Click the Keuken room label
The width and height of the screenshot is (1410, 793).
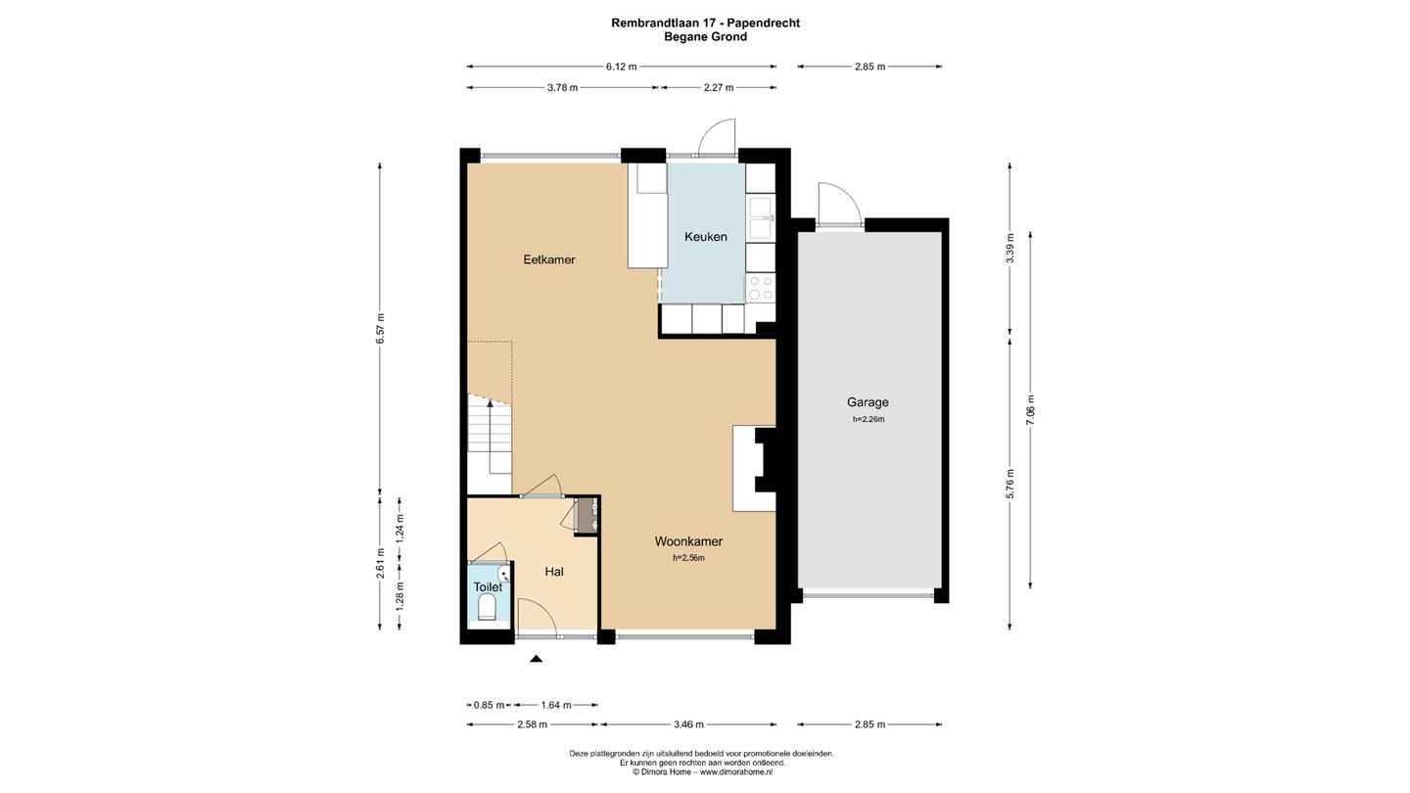(x=706, y=237)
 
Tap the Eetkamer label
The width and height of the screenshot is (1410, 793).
(x=549, y=259)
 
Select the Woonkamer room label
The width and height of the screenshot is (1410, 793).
(x=688, y=541)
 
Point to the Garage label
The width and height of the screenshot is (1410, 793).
(x=868, y=402)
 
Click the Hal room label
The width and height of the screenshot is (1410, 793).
(x=554, y=572)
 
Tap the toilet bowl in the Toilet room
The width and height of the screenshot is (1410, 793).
(x=487, y=608)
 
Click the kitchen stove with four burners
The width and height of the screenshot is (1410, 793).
(x=760, y=289)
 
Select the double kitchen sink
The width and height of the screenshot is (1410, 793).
(x=761, y=218)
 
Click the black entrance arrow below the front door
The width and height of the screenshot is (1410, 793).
(x=537, y=658)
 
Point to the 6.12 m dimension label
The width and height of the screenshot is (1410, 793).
(x=621, y=67)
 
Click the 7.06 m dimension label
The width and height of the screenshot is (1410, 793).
(x=1030, y=410)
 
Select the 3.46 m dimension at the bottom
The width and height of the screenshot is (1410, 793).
(x=688, y=724)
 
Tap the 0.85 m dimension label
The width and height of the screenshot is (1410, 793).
(x=490, y=705)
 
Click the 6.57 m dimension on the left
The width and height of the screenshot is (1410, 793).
(x=380, y=328)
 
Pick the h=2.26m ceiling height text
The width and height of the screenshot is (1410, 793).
(x=869, y=419)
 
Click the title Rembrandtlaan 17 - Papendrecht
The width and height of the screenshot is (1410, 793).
(x=706, y=23)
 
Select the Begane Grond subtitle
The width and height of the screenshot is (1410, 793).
(x=706, y=36)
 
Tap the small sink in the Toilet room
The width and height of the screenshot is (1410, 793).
(x=503, y=574)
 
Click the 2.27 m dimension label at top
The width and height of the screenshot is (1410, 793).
(x=719, y=87)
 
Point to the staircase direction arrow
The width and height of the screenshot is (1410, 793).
(x=491, y=436)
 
